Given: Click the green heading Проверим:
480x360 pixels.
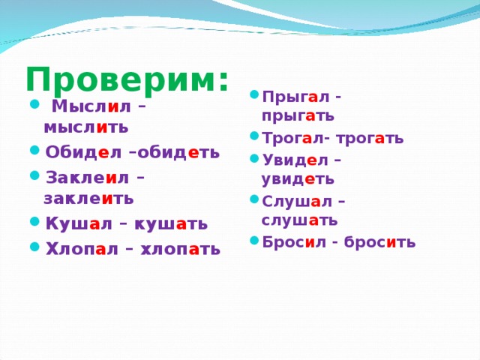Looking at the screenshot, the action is click(x=127, y=79).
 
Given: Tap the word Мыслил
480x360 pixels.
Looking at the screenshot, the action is click(x=91, y=106).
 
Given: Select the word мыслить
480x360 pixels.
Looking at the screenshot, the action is click(x=86, y=127).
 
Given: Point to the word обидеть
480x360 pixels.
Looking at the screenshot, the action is click(x=178, y=151).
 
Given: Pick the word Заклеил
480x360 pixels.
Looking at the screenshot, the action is click(x=87, y=178).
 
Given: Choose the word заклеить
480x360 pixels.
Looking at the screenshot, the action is click(x=88, y=199).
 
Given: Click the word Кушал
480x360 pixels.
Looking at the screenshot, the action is click(x=79, y=223).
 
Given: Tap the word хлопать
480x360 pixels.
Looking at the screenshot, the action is click(x=180, y=249).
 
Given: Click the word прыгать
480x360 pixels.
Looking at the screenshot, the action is click(x=298, y=116).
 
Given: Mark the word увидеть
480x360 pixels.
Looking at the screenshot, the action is click(x=298, y=179).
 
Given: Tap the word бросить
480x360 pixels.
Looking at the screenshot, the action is click(x=380, y=242).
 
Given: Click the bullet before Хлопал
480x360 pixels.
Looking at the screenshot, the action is click(x=35, y=247).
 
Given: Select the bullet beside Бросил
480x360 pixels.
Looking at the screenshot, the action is click(x=254, y=240).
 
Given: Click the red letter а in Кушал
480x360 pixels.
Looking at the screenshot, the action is click(x=95, y=225).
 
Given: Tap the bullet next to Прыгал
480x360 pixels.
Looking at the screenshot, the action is click(x=254, y=94).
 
